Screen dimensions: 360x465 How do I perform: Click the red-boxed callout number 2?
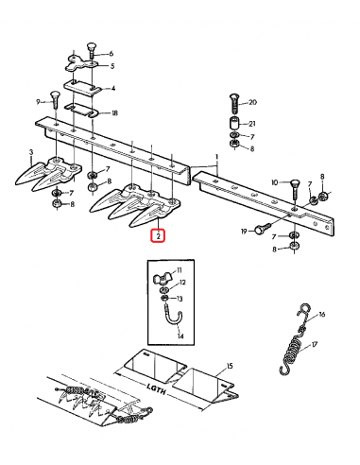158,235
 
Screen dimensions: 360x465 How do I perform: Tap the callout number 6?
111,54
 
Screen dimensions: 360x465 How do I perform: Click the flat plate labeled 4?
82,88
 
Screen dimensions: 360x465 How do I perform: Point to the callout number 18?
114,112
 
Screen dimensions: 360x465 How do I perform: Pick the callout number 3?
31,152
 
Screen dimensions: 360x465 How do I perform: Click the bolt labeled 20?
234,104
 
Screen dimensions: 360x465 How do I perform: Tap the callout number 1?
217,157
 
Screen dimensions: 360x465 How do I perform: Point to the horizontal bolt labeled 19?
263,229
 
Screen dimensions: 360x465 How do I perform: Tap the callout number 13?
180,299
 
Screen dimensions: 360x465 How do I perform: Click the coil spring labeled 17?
291,355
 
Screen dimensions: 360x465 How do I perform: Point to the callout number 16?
321,315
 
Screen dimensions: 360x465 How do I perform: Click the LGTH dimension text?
157,389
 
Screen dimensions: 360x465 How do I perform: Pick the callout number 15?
230,366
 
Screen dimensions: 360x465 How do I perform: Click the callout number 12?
182,283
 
